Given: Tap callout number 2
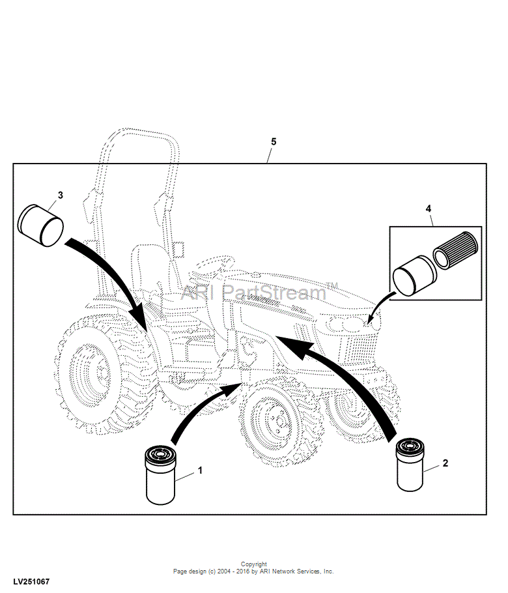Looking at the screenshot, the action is click(445, 463).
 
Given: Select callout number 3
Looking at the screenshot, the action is click(61, 195).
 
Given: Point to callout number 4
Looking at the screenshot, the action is click(429, 209).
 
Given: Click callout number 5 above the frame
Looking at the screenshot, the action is click(274, 141).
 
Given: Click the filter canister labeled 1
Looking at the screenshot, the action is click(160, 475).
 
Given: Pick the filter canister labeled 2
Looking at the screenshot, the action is click(410, 465).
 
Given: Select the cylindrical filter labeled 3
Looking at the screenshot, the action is click(41, 225).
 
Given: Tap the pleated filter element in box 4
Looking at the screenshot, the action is click(455, 250).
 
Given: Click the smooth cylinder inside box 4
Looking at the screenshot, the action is click(414, 276).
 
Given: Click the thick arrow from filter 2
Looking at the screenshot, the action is click(352, 378).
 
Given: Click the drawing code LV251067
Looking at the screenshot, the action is click(31, 582).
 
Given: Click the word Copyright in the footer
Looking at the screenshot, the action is click(253, 564).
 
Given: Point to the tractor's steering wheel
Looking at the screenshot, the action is click(216, 262).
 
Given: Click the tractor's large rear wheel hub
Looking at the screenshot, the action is click(90, 373).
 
